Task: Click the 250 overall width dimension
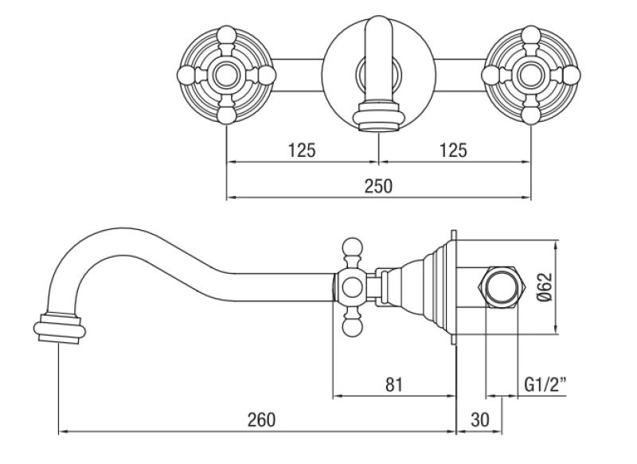(379, 185)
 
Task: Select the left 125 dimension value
(303, 149)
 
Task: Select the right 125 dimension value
(452, 149)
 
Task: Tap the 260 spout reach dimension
(260, 419)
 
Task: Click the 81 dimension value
(393, 384)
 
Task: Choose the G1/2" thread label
(545, 384)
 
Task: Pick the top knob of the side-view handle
(353, 248)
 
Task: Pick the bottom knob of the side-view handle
(353, 326)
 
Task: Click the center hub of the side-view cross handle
(351, 287)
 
